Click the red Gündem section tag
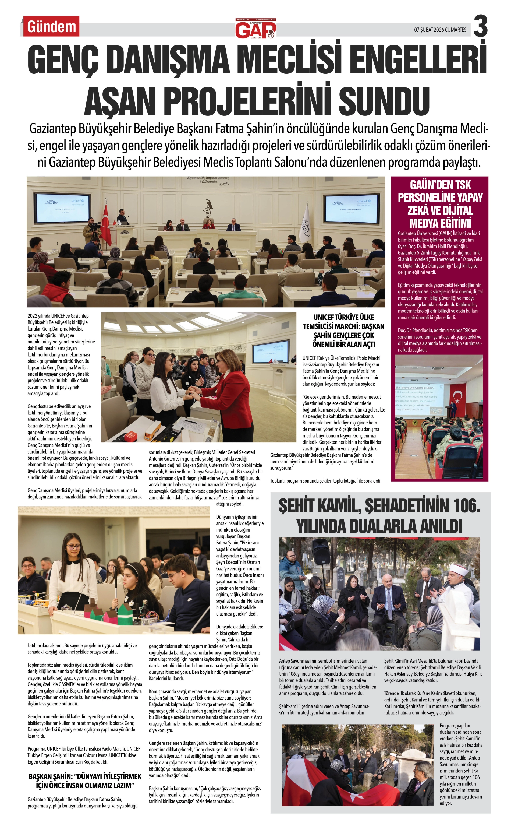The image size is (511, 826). [x=51, y=26]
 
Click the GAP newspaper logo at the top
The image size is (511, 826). [x=256, y=29]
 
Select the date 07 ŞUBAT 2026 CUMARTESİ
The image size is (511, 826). [x=441, y=30]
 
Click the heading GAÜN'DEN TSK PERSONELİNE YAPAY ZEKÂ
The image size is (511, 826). [x=440, y=204]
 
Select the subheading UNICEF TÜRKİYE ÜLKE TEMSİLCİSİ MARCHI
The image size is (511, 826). [x=343, y=330]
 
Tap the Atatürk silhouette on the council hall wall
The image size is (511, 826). [x=207, y=209]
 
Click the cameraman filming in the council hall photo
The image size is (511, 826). [x=90, y=231]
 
